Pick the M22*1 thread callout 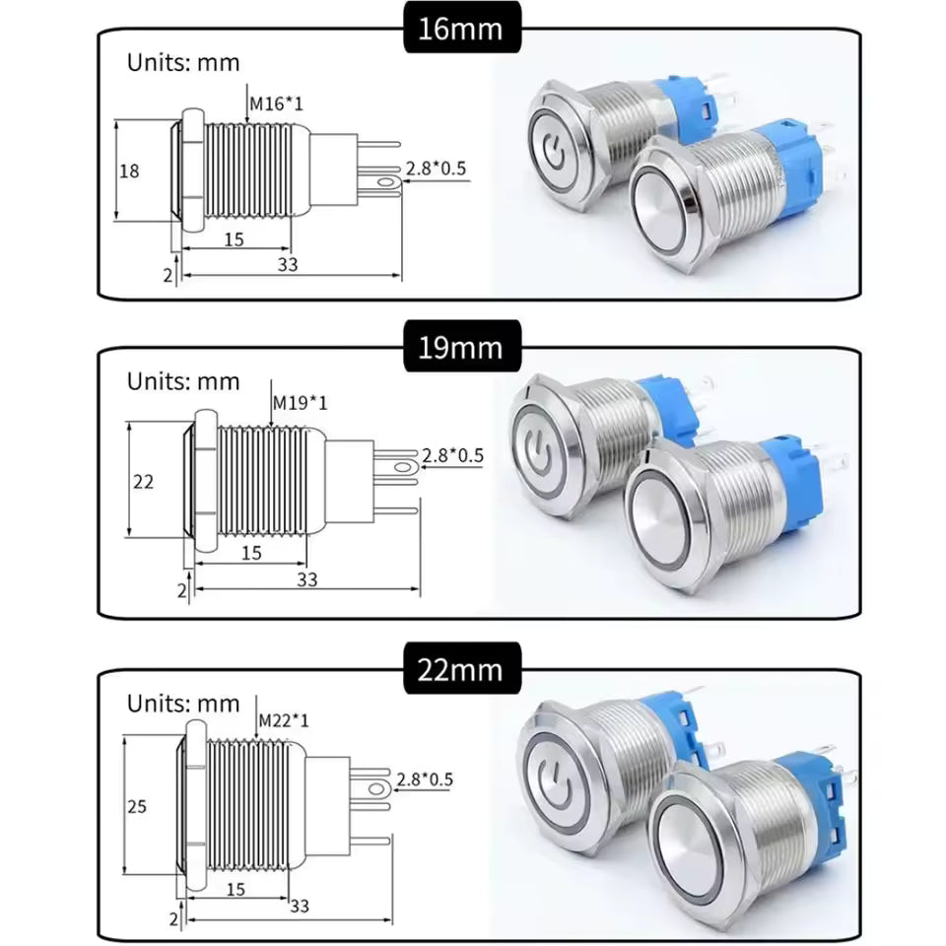pyautogui.click(x=283, y=720)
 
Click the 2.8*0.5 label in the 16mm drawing pyautogui.click(x=437, y=169)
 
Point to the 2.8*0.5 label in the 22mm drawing pyautogui.click(x=424, y=779)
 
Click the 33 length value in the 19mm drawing pyautogui.click(x=307, y=580)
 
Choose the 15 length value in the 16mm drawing pyautogui.click(x=234, y=239)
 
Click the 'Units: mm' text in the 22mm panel pyautogui.click(x=183, y=704)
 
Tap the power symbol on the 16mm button pyautogui.click(x=552, y=148)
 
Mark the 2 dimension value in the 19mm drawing pyautogui.click(x=181, y=589)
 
